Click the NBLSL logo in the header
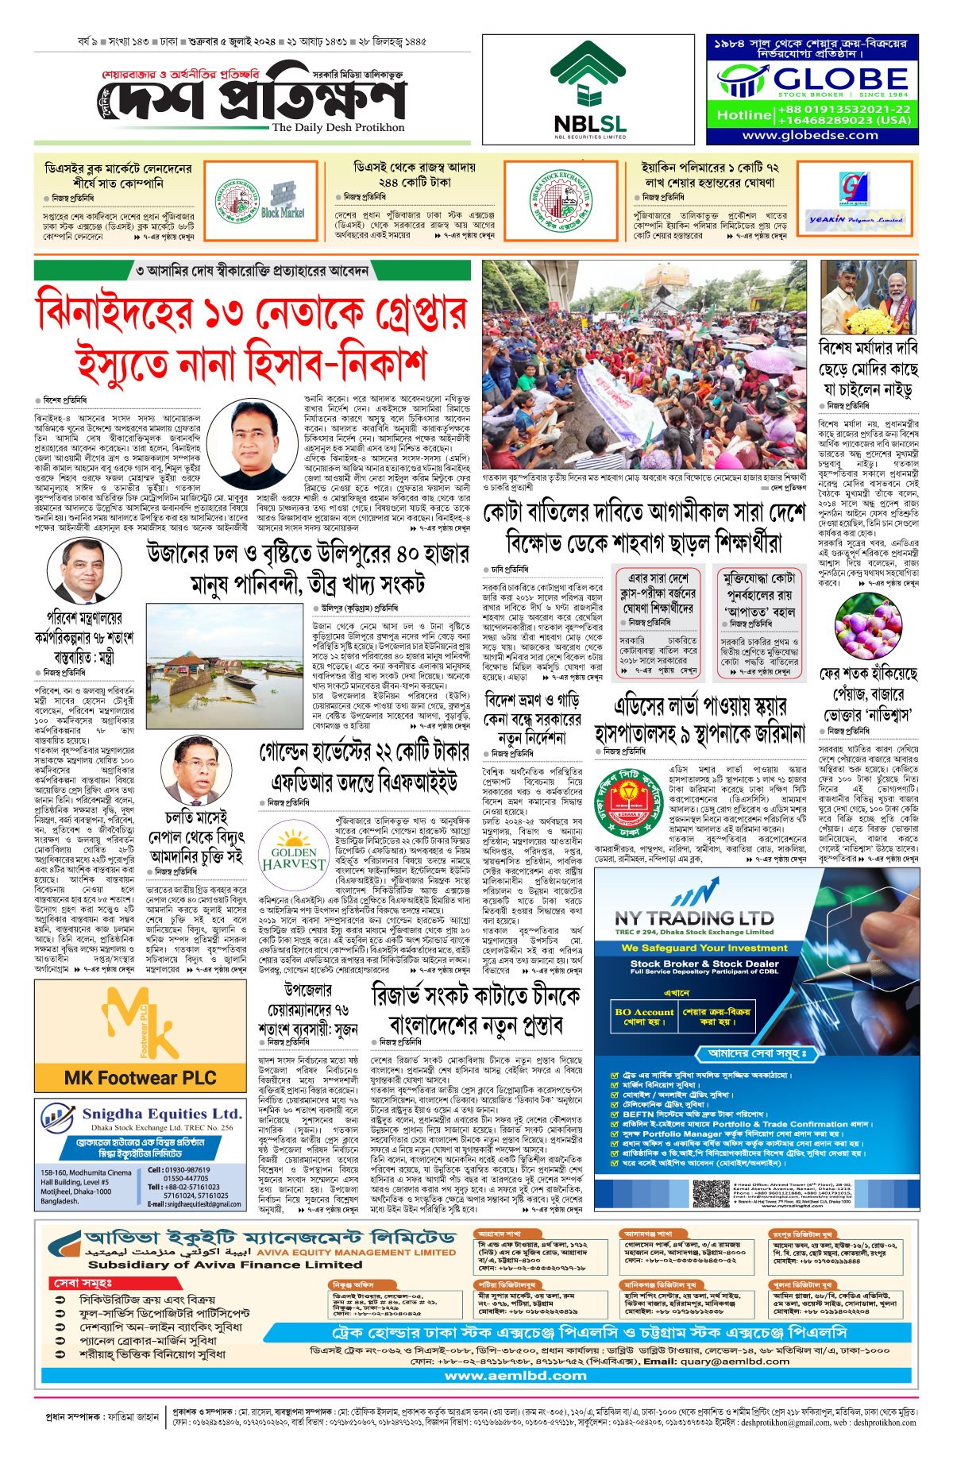pos(589,89)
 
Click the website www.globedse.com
pos(810,136)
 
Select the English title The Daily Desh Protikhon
pos(338,127)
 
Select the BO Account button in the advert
pos(643,1016)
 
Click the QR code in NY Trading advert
pos(710,1193)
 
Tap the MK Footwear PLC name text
pos(140,1078)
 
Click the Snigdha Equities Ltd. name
pos(161,1114)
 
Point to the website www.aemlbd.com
pos(515,1376)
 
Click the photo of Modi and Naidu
pos(868,299)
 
